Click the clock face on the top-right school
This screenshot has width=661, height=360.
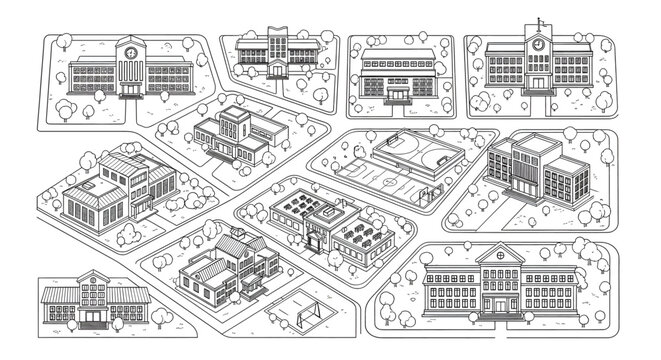pos(538,44)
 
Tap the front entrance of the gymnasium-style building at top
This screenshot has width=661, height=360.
pos(399,95)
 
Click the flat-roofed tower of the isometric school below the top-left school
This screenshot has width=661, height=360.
pos(235,123)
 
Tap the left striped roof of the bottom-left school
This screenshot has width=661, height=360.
pos(58,295)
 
